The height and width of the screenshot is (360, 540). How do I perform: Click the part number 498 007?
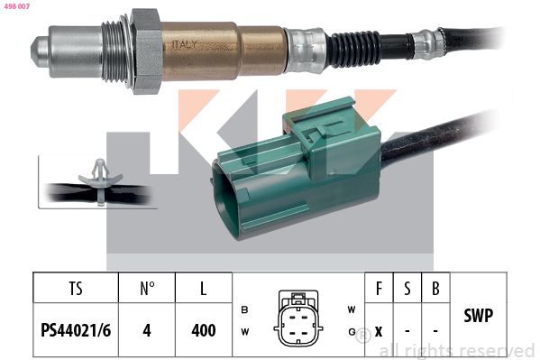pos(17,6)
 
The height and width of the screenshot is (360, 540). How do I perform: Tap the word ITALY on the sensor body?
pos(184,45)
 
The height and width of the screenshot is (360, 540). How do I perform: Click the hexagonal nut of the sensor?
pos(147,51)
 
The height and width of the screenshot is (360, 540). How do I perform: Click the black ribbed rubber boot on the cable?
pos(354,49)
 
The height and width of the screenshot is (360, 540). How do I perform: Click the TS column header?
pos(76,289)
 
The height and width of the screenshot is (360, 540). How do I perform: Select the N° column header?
pos(147,289)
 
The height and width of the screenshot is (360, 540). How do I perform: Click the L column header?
pos(204,289)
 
